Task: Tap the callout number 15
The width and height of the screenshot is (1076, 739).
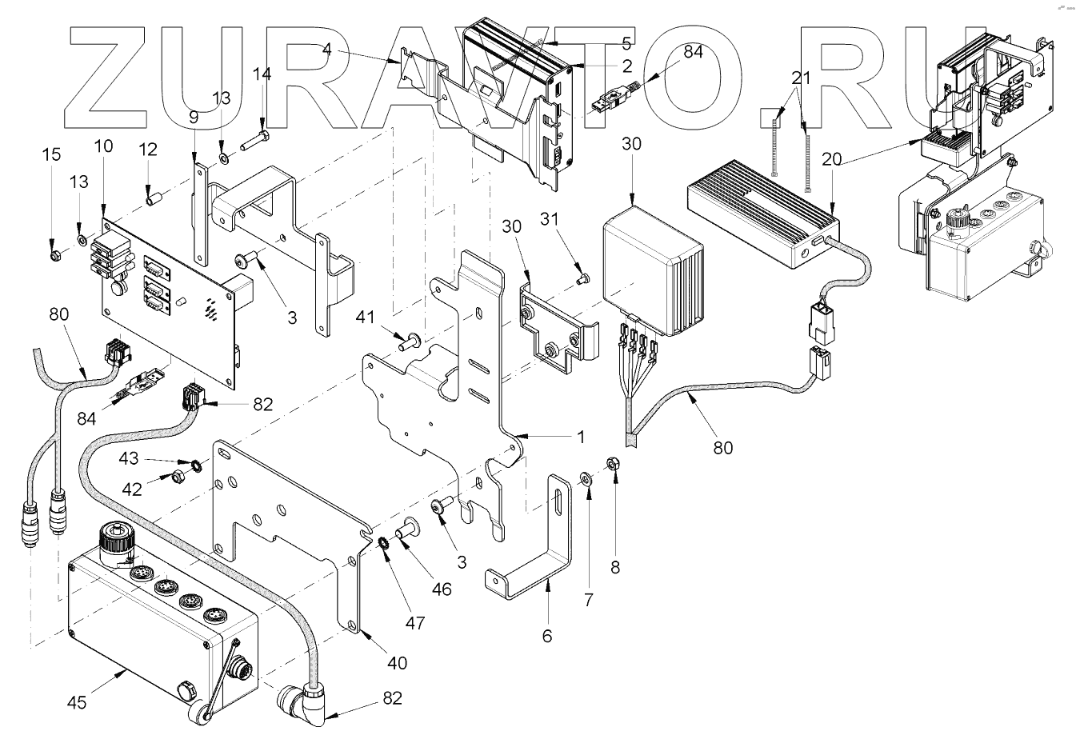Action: (52, 154)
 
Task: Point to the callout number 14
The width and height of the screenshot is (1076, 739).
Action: (262, 74)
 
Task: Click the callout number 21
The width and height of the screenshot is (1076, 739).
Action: (801, 78)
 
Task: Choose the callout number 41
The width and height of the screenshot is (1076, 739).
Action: (366, 317)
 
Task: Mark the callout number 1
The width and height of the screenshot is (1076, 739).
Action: (581, 437)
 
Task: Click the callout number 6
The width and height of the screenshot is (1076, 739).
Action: (547, 636)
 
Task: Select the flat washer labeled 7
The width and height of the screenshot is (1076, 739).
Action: (585, 479)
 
